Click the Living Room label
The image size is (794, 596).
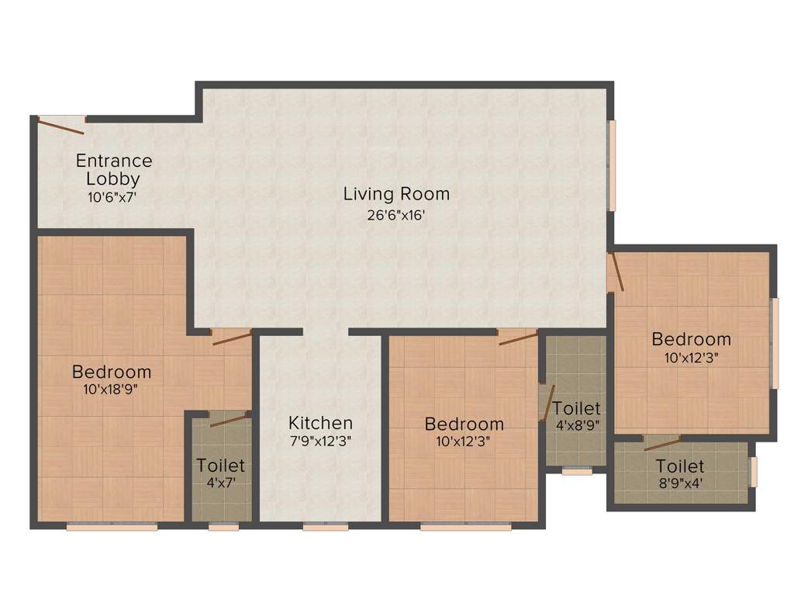(x=396, y=193)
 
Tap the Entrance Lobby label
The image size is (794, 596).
(x=113, y=170)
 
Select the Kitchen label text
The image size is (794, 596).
(x=320, y=423)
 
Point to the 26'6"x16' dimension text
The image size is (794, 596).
(x=396, y=215)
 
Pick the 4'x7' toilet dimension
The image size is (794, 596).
(x=221, y=482)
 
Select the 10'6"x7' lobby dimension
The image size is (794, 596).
(x=113, y=197)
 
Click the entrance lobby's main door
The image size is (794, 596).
(x=61, y=125)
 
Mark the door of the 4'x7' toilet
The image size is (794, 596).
(x=229, y=419)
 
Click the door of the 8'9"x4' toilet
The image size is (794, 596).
(x=662, y=442)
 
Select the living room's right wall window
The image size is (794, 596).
(x=611, y=165)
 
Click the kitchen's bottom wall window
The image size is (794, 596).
(x=325, y=526)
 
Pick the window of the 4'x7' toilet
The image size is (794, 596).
(x=223, y=526)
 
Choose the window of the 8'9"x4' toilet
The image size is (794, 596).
(x=752, y=472)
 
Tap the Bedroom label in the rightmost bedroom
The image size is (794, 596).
(x=691, y=339)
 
